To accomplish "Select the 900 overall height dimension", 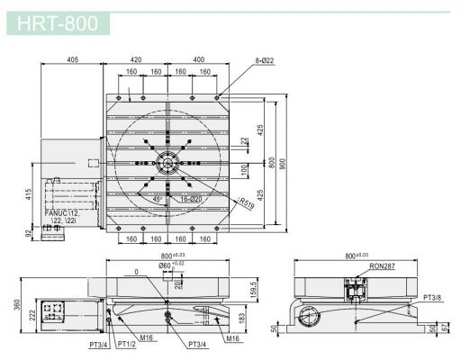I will [280, 163].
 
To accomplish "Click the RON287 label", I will [358, 267].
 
